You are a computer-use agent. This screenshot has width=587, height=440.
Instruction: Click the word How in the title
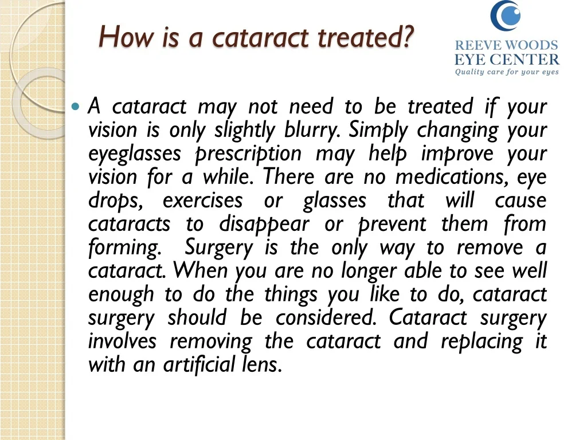coord(127,37)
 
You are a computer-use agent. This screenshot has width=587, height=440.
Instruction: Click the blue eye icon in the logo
coord(506,15)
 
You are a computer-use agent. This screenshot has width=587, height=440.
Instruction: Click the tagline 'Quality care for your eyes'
coord(507,72)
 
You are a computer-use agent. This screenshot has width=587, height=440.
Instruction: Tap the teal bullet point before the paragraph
coord(76,107)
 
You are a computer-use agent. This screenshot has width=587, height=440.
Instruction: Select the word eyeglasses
coord(135,154)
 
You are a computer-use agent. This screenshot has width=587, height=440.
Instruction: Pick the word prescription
coord(248,154)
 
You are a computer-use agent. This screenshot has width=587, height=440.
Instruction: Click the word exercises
coord(202,201)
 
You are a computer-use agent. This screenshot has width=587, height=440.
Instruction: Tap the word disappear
coord(264,225)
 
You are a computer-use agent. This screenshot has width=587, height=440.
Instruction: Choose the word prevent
coord(392,225)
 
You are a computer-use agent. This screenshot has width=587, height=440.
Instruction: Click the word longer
coord(369,271)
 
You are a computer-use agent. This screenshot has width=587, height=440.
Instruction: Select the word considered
coord(326,317)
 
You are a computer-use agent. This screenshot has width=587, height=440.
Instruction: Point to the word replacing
coord(482,341)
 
